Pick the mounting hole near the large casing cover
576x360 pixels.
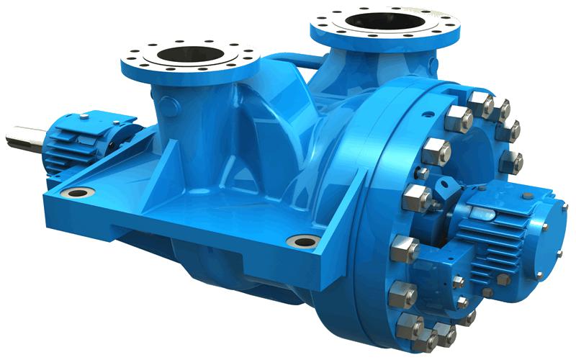point(302,241)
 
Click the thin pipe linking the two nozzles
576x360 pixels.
point(288,65)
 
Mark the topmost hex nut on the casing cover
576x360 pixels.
point(480,101)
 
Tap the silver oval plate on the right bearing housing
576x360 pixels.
point(481,210)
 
